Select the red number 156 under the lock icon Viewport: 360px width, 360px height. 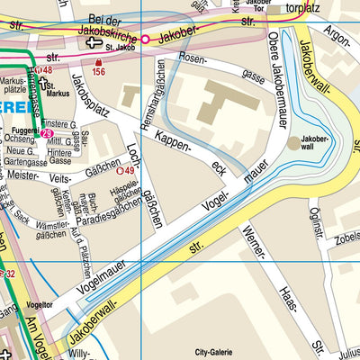point(98,72)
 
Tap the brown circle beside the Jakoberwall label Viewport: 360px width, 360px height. point(294,142)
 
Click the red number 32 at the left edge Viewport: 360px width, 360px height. point(8,274)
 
